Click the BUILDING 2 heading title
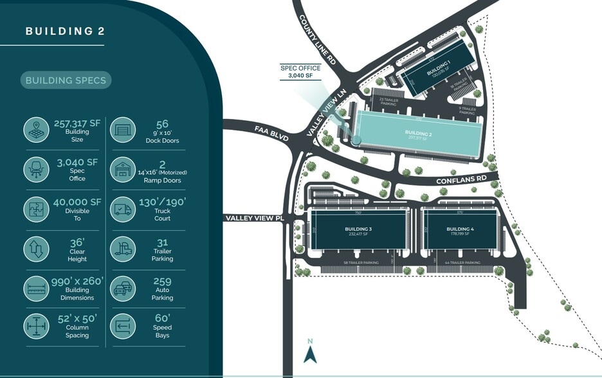click(64, 31)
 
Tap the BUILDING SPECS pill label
click(66, 80)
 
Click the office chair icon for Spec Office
click(36, 169)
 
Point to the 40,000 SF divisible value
click(77, 202)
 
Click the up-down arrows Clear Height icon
click(36, 249)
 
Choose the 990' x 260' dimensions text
click(77, 282)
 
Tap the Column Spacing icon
click(36, 327)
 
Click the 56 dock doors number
click(162, 125)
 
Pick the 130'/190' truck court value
click(162, 202)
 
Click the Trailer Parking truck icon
click(122, 249)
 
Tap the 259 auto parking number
click(162, 281)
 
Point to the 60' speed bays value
click(162, 318)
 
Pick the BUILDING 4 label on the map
click(460, 229)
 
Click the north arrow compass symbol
click(311, 352)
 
